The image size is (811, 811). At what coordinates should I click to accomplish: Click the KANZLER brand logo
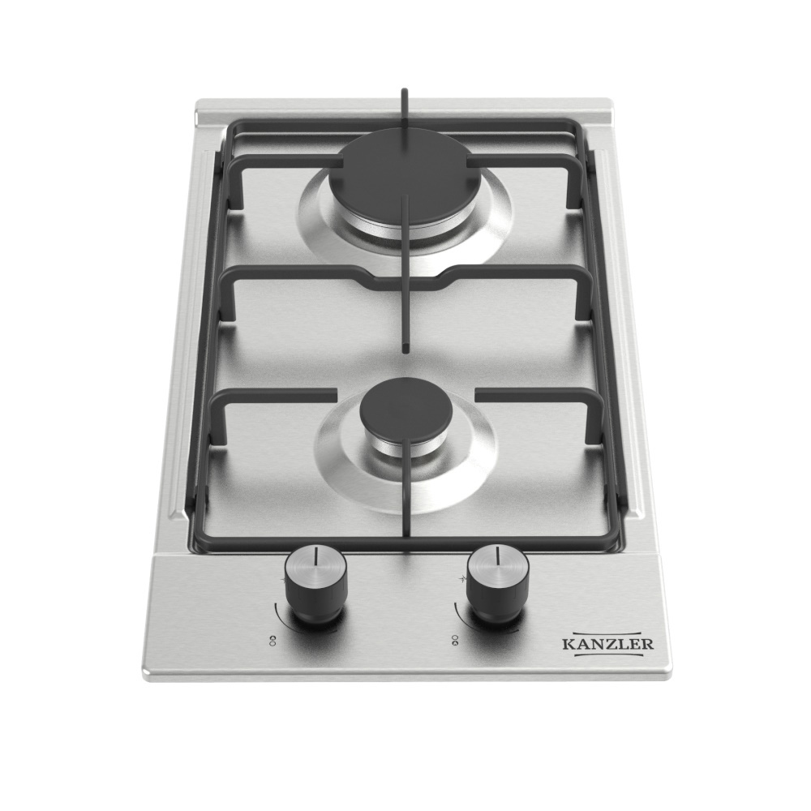point(607,644)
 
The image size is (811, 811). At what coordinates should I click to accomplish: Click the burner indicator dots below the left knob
point(272,640)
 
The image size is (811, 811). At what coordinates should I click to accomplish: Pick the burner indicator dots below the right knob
point(455,640)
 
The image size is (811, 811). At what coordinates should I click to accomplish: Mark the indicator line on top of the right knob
point(496,556)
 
